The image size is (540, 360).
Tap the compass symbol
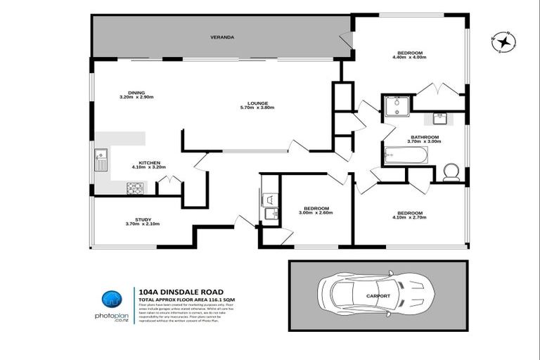click(503, 42)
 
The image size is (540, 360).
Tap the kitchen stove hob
click(134, 188)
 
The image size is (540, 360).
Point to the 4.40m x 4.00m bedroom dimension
click(410, 58)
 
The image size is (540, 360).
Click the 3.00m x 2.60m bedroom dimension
click(316, 212)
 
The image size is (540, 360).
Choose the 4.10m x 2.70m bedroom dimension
click(409, 217)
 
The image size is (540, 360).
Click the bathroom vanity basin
click(442, 117)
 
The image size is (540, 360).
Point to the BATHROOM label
click(425, 137)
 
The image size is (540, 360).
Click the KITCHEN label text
click(148, 162)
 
